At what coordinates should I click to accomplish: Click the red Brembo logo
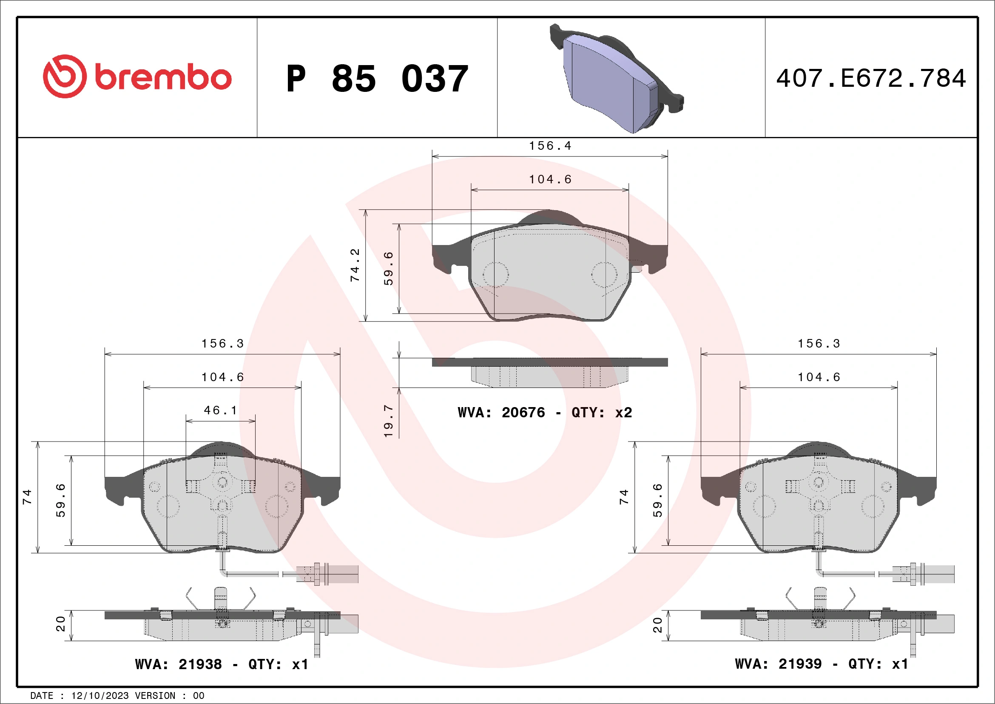pos(137,77)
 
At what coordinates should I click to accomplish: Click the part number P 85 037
pos(377,79)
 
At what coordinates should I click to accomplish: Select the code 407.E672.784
pos(871,78)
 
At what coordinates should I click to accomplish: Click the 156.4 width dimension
pos(550,146)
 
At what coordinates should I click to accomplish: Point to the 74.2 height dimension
pos(355,265)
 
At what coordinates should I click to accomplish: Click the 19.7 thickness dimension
pos(388,421)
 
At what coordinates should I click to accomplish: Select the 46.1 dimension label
pos(221,410)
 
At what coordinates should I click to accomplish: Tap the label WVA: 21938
pos(178,664)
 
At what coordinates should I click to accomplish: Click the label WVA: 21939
pos(778,664)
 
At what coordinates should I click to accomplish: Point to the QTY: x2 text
pos(602,412)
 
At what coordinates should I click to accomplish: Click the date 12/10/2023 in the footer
pos(99,696)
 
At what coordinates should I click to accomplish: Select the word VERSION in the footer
pos(155,696)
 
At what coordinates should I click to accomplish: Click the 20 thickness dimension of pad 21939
pos(657,625)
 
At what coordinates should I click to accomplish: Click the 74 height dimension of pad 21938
pos(27,497)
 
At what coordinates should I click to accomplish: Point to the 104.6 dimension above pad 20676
pos(550,180)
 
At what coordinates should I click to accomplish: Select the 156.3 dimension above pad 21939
pos(819,344)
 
